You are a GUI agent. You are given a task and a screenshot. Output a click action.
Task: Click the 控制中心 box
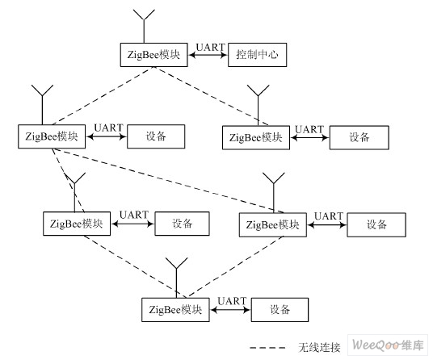pyautogui.click(x=258, y=55)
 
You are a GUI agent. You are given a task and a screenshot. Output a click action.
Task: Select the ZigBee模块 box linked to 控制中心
pyautogui.click(x=153, y=55)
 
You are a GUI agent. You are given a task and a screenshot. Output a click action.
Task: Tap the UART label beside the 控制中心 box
pyautogui.click(x=211, y=47)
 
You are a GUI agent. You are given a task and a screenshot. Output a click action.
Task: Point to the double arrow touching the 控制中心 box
pyautogui.click(x=208, y=55)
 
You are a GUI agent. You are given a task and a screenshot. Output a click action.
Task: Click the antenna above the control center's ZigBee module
pyautogui.click(x=144, y=26)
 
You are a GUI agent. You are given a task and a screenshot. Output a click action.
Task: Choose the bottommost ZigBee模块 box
pyautogui.click(x=175, y=309)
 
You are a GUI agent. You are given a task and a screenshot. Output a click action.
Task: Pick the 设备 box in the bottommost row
pyautogui.click(x=280, y=309)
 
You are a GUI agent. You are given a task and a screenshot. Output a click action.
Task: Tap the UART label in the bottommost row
pyautogui.click(x=232, y=301)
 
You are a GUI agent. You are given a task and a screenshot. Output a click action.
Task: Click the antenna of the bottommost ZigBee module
pyautogui.click(x=176, y=278)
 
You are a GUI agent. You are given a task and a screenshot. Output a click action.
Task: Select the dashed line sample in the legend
pyautogui.click(x=267, y=348)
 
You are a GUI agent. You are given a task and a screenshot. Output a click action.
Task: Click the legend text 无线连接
pyautogui.click(x=319, y=348)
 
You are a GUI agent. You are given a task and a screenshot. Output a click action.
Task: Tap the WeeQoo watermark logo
pyautogui.click(x=388, y=345)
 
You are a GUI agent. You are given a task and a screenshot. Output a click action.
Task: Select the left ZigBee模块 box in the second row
pyautogui.click(x=52, y=136)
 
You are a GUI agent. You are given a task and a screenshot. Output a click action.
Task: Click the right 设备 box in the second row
pyautogui.click(x=359, y=137)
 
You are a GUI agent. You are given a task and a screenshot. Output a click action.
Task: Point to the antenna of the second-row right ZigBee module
pyautogui.click(x=258, y=105)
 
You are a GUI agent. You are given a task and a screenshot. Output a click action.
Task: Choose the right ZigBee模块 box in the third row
pyautogui.click(x=273, y=224)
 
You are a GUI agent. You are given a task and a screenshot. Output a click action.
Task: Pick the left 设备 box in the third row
pyautogui.click(x=183, y=224)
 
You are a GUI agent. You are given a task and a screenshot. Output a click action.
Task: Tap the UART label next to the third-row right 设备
pyautogui.click(x=329, y=216)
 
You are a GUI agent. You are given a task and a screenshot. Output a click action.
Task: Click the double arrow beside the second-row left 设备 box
pyautogui.click(x=107, y=136)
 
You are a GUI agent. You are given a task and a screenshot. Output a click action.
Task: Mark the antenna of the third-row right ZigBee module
pyautogui.click(x=273, y=193)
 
